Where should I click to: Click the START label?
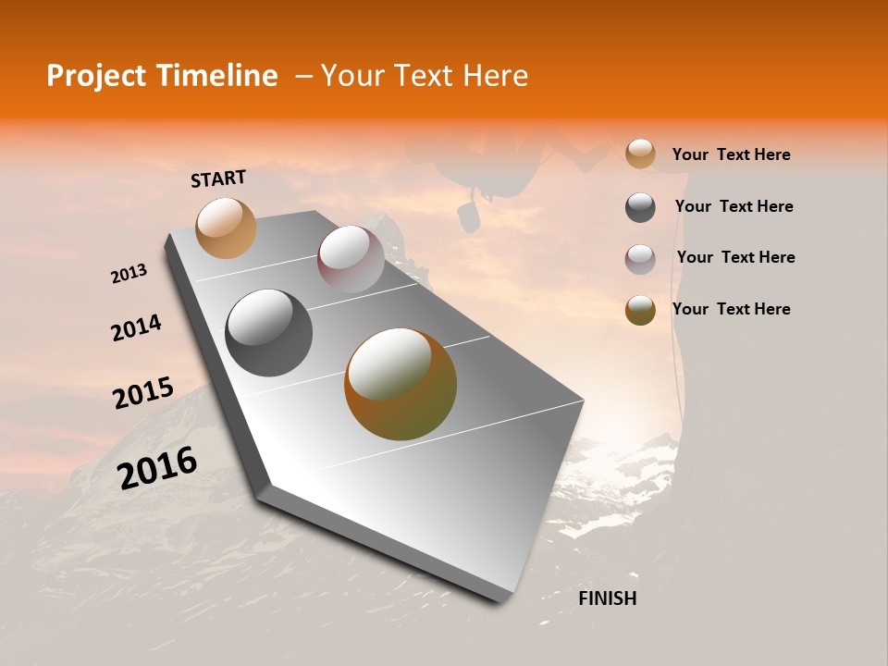point(218,179)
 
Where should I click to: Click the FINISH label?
point(607,598)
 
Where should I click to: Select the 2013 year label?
point(129,274)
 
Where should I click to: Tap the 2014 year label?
point(136,327)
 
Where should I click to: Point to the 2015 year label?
point(142,393)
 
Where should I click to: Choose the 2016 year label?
point(157,468)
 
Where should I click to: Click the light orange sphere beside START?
point(226,228)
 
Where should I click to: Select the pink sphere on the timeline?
point(351,258)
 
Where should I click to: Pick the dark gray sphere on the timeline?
point(268,332)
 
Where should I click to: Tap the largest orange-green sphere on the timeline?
point(400,383)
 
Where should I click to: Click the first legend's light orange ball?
point(640,154)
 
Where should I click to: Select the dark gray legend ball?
point(640,207)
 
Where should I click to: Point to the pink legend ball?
point(640,258)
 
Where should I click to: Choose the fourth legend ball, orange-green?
point(640,310)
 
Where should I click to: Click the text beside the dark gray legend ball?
point(734,206)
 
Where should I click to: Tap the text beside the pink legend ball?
point(735,257)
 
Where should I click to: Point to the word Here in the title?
point(495,76)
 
